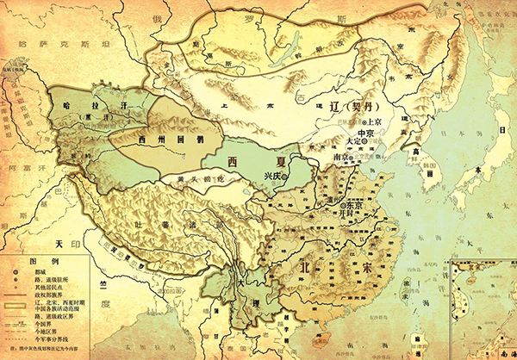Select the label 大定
[x=356, y=144]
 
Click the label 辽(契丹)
[x=348, y=108]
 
